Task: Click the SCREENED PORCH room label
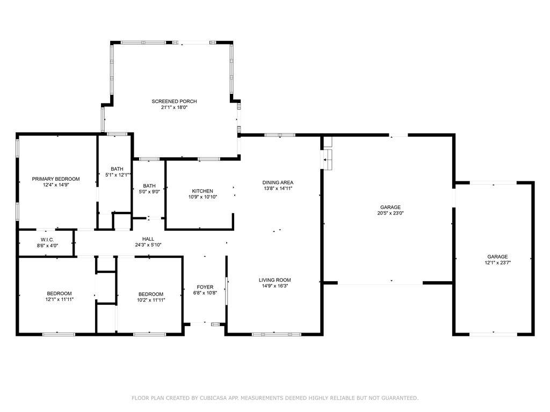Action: click(174, 101)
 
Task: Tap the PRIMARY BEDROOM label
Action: click(56, 179)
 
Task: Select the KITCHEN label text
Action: click(202, 191)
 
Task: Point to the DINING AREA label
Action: click(278, 182)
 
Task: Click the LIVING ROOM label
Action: click(274, 280)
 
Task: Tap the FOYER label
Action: click(205, 287)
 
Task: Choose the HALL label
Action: click(148, 239)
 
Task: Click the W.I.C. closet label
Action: click(47, 240)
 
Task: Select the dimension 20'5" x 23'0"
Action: click(390, 212)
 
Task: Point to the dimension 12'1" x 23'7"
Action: click(497, 262)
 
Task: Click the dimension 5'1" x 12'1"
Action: click(118, 174)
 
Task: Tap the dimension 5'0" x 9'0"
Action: click(149, 192)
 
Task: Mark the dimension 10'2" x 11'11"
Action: click(151, 300)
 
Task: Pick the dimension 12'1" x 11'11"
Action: click(59, 299)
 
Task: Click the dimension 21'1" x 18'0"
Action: click(175, 107)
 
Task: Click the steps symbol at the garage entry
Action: click(327, 160)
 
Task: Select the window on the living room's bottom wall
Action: click(277, 334)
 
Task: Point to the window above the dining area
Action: click(279, 135)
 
